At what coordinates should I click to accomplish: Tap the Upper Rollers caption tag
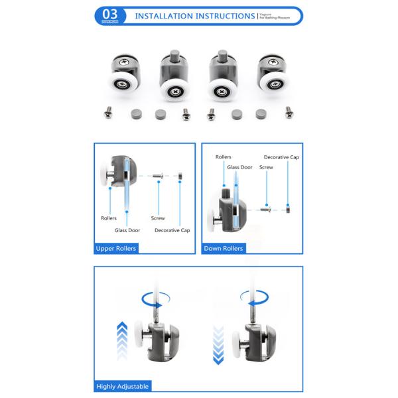tap(116, 248)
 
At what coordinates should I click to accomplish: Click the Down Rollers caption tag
tap(223, 248)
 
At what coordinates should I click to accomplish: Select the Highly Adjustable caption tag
tap(123, 385)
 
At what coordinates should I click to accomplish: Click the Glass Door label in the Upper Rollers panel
tap(127, 230)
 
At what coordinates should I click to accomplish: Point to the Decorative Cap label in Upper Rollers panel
tap(172, 230)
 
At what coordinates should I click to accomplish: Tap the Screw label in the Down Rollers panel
tap(266, 168)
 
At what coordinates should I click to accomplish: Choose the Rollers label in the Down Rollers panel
tap(224, 157)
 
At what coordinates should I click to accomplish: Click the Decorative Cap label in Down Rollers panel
tap(281, 157)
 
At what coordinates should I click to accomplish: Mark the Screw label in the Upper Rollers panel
tap(157, 218)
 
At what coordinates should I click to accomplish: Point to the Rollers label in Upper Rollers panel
tap(109, 218)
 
